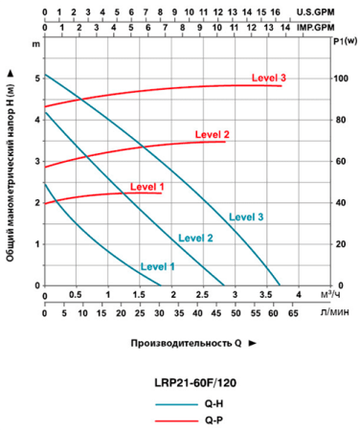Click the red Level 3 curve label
(x=269, y=77)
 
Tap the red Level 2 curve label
(x=213, y=134)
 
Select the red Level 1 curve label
(x=148, y=186)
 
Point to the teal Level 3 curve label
(x=246, y=217)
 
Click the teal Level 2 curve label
(x=195, y=238)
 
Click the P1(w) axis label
(x=346, y=42)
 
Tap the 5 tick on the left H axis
(x=35, y=79)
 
